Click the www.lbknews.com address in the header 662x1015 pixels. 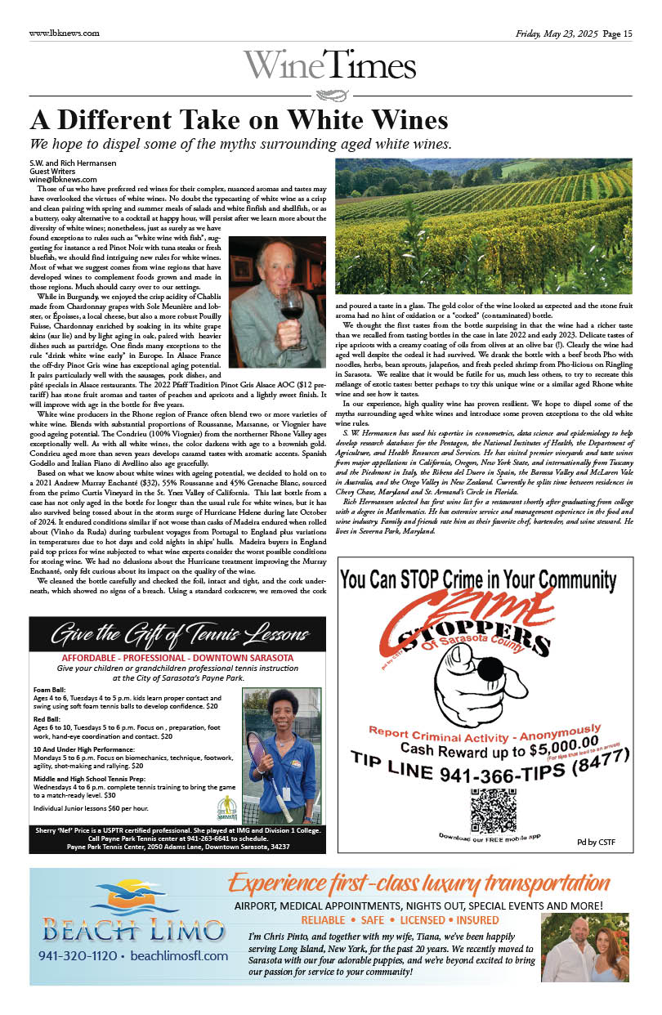[64, 34]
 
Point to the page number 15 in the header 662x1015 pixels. [628, 34]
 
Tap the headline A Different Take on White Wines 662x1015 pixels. [239, 121]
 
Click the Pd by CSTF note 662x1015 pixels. [596, 842]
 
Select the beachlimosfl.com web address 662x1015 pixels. [178, 955]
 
